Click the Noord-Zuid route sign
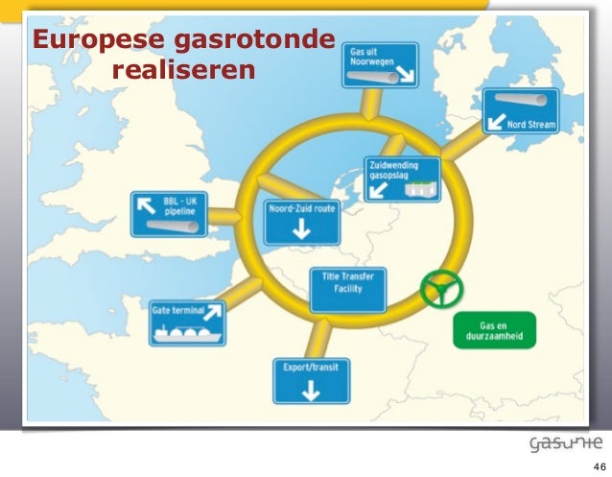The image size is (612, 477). coord(300,221)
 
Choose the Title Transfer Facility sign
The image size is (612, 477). coord(347,288)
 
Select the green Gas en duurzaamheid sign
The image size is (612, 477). coord(494,329)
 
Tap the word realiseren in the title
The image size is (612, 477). coord(184,71)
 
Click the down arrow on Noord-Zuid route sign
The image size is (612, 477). coord(299,230)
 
